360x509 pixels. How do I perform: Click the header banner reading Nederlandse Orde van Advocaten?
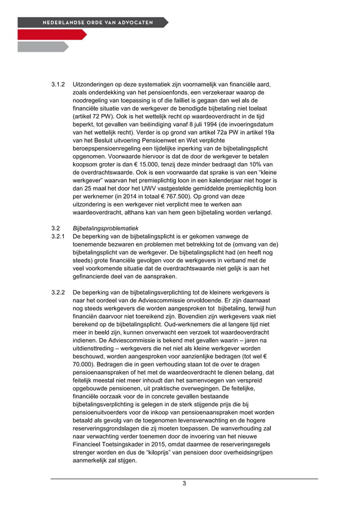point(93,23)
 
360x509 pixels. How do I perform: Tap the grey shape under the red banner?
point(42,47)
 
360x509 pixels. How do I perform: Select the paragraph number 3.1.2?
point(59,84)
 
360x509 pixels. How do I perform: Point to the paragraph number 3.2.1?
point(59,236)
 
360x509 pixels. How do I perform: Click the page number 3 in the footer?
point(184,484)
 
